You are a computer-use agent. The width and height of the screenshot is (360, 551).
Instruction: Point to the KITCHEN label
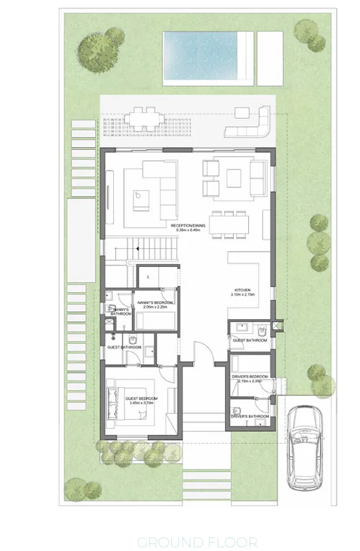coord(243,291)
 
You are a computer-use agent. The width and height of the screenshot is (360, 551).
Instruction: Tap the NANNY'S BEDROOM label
coord(155,303)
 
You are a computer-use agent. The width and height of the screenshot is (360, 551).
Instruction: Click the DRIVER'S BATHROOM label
coord(251,417)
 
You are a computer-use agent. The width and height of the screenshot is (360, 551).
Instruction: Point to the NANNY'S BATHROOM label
coord(121,311)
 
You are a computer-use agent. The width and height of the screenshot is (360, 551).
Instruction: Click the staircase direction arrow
coord(137,248)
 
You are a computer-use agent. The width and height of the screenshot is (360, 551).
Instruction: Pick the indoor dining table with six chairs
coord(229,223)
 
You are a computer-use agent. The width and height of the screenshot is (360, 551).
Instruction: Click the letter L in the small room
coord(149,277)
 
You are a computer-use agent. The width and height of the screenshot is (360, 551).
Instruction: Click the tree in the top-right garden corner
coord(306,30)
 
